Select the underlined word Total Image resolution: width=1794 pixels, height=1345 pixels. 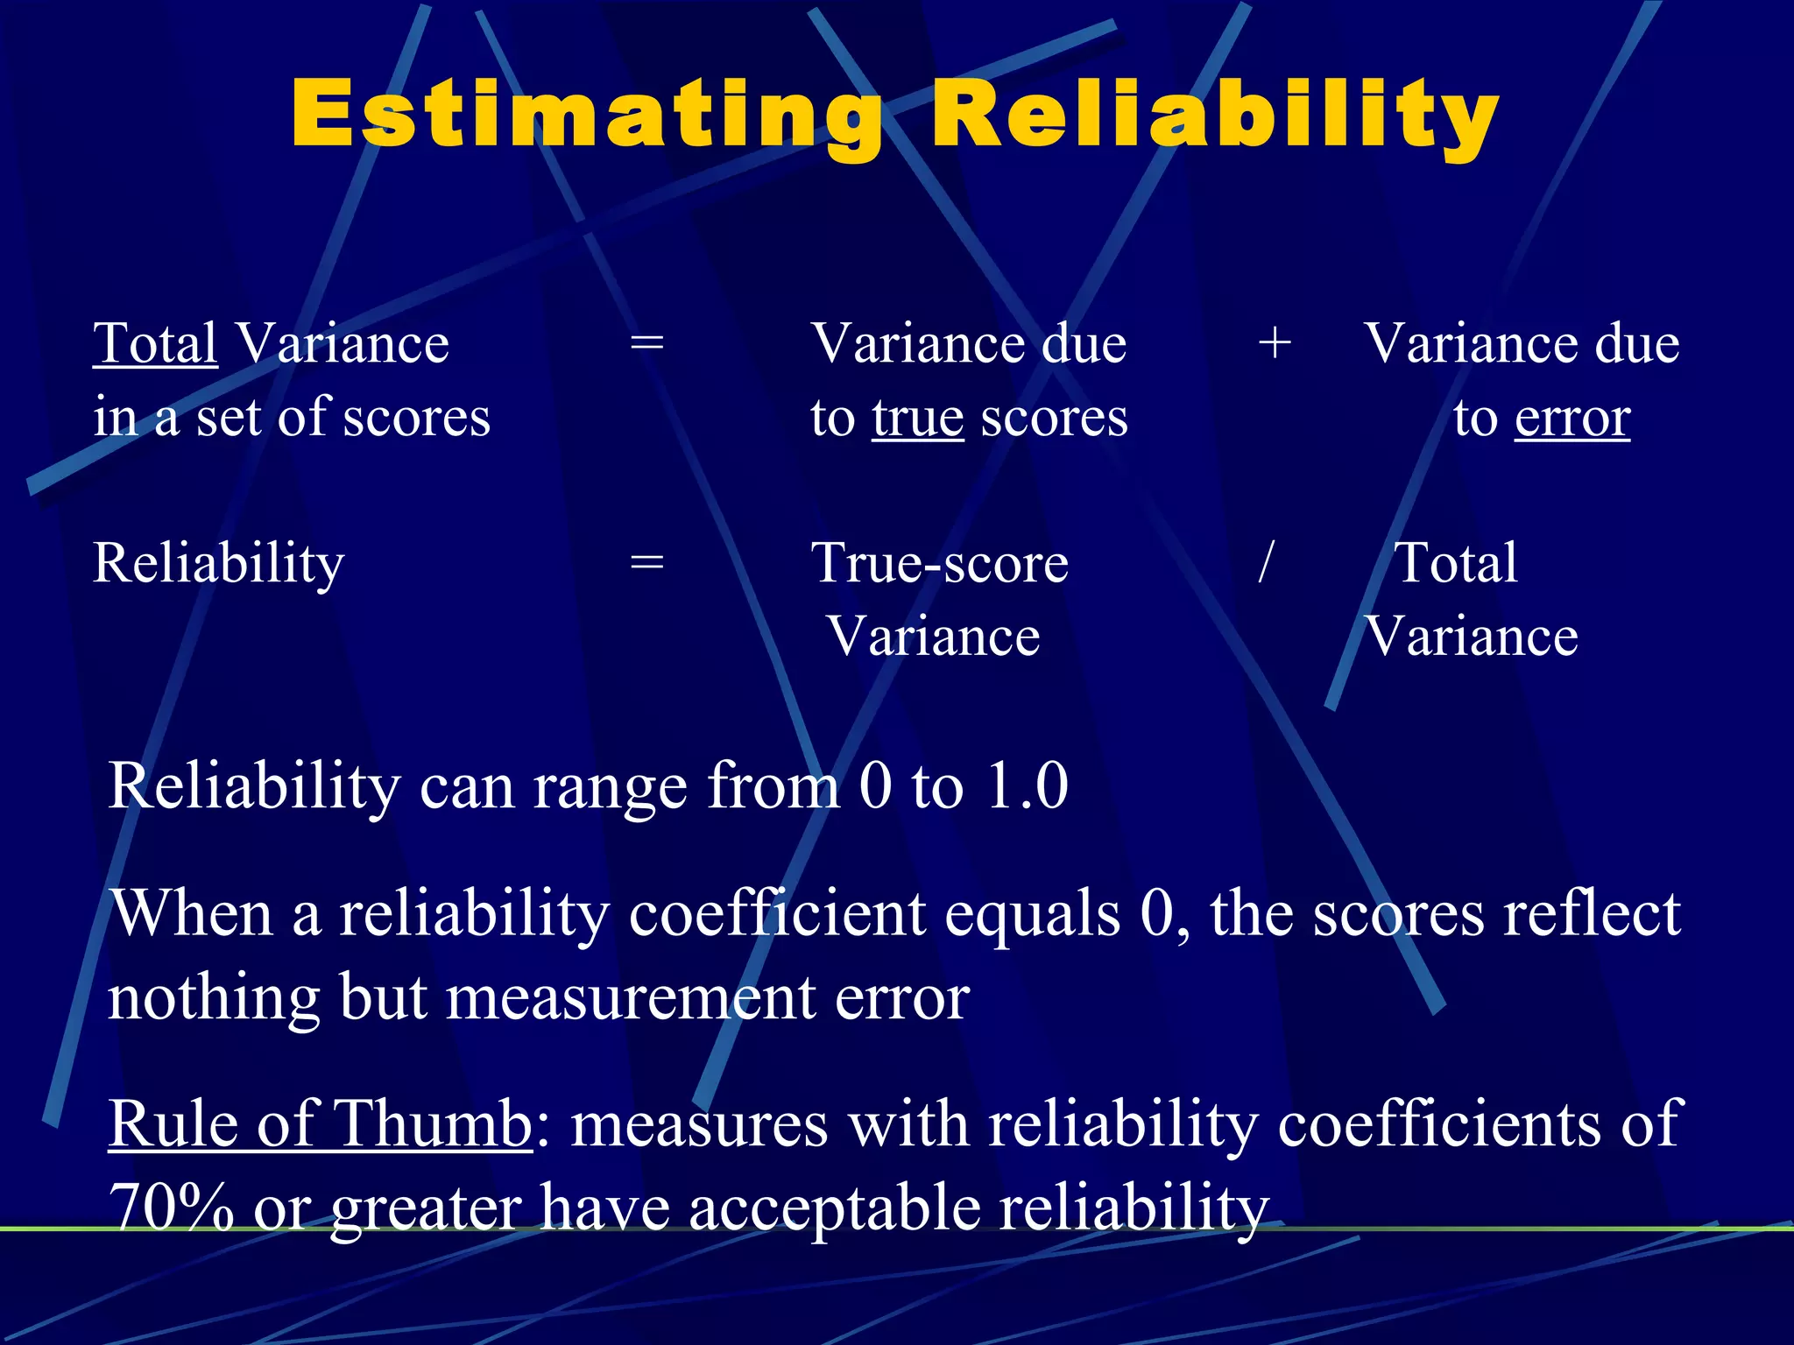[155, 343]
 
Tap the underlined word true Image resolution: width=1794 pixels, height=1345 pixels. [917, 418]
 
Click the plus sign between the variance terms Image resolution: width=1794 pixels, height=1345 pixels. [1275, 342]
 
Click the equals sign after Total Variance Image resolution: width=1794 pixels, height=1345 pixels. [646, 342]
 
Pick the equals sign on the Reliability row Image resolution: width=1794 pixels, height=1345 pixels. [646, 563]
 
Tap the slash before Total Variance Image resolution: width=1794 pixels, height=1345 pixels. [1265, 562]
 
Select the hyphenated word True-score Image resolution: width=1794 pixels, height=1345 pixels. [940, 563]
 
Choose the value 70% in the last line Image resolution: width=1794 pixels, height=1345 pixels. [172, 1208]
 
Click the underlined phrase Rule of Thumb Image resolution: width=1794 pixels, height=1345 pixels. [320, 1123]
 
